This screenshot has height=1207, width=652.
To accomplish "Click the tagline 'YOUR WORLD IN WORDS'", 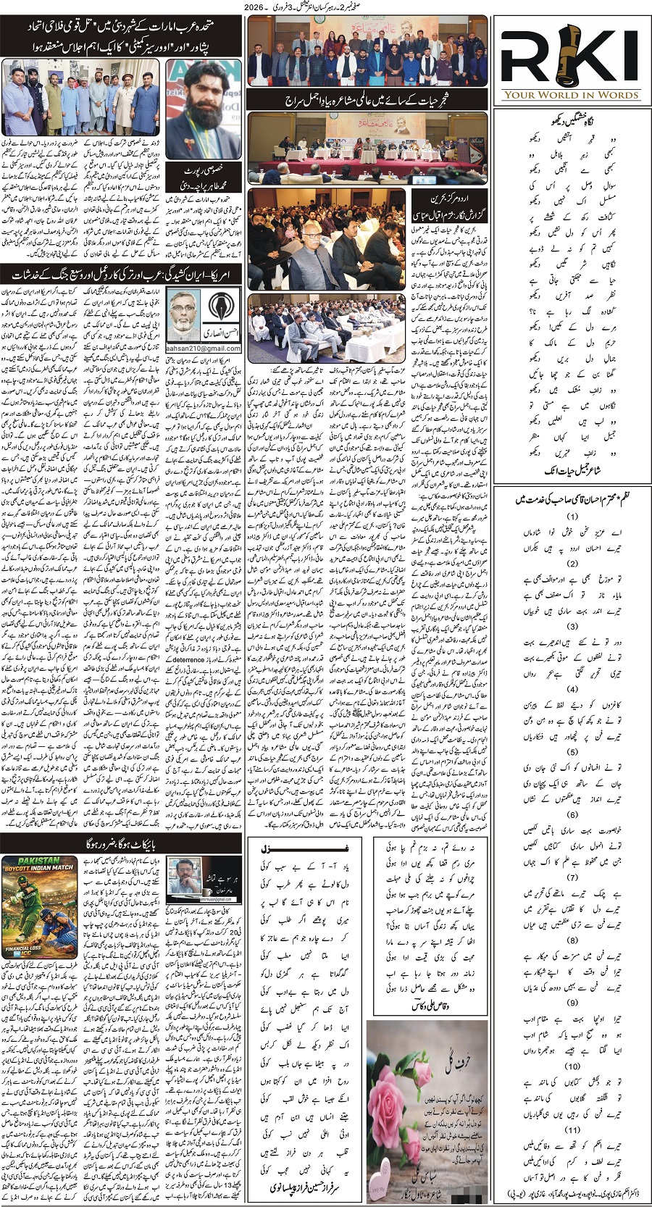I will tap(572, 94).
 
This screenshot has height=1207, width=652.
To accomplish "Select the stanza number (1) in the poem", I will tap(572, 517).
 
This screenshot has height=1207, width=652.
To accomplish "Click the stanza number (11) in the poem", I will tap(572, 1129).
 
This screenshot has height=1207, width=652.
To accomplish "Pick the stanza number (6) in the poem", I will tap(572, 814).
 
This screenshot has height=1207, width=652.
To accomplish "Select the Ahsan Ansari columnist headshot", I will tap(184, 314).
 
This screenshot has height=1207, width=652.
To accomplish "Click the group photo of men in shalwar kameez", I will tap(80, 93).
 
